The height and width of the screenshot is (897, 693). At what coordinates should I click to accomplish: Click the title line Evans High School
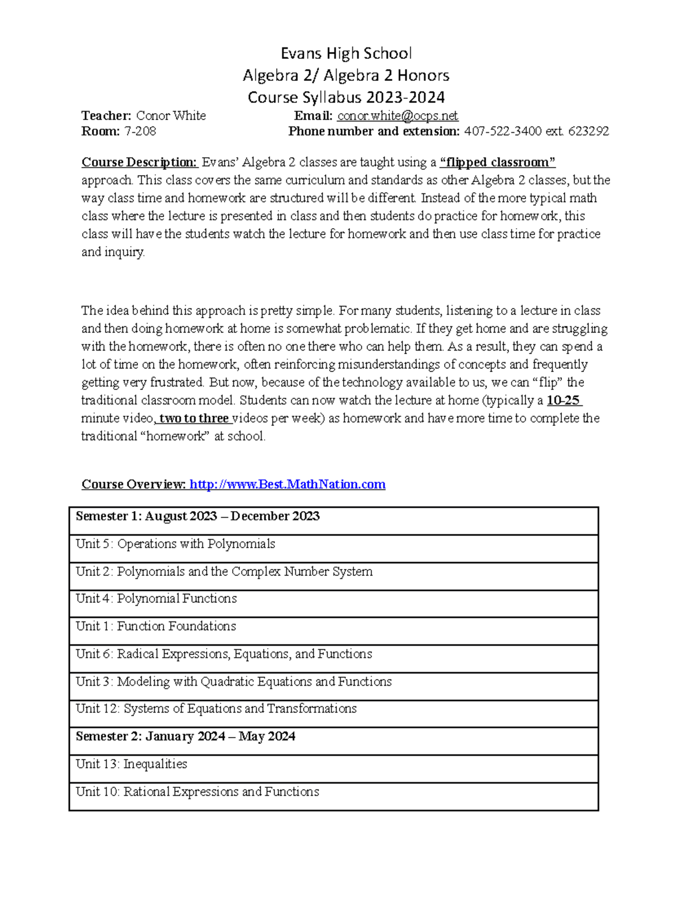click(346, 54)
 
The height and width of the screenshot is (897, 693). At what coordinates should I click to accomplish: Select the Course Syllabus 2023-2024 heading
click(346, 97)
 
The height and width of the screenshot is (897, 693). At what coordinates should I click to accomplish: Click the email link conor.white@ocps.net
click(397, 116)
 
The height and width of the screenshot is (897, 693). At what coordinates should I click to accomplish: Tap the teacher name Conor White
click(170, 116)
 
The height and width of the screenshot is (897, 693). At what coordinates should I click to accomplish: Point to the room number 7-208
click(140, 131)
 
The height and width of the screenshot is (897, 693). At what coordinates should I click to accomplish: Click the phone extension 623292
click(588, 131)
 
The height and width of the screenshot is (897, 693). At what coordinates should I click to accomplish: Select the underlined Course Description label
click(139, 162)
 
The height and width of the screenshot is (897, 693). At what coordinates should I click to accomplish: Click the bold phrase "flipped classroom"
click(497, 162)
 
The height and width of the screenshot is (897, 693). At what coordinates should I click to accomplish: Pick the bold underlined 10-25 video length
click(564, 400)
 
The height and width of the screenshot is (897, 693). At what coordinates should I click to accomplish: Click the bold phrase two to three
click(194, 418)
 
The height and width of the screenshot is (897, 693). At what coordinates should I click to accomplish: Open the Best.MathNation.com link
click(287, 484)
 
